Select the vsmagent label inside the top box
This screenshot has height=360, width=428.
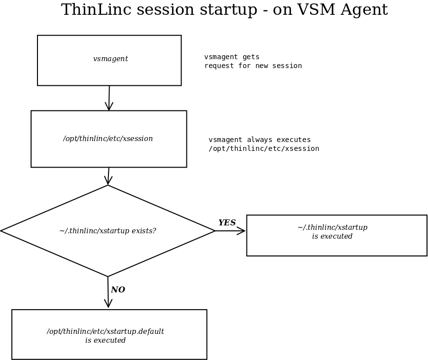click(x=110, y=59)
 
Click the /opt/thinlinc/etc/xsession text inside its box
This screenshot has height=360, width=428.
click(x=108, y=139)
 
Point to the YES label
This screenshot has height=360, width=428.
click(x=227, y=223)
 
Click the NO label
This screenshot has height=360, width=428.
click(x=118, y=290)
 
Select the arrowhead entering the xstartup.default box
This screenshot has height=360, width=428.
click(x=108, y=304)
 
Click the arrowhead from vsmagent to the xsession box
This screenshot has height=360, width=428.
click(x=109, y=107)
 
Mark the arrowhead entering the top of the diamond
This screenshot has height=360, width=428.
click(x=108, y=181)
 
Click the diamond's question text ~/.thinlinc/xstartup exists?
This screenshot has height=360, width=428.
click(x=107, y=231)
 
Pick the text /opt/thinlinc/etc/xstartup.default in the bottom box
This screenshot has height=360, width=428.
click(x=106, y=331)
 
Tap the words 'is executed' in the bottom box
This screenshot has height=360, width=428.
click(x=106, y=340)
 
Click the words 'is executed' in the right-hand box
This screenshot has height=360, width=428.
click(x=332, y=237)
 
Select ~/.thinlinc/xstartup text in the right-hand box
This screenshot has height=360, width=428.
click(x=332, y=228)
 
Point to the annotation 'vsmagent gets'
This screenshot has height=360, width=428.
click(x=232, y=57)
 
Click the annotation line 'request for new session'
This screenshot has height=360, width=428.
click(x=253, y=66)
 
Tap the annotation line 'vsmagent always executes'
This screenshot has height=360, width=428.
click(x=260, y=140)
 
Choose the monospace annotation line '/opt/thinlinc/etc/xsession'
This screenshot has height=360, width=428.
click(x=264, y=149)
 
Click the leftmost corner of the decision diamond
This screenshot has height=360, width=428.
click(x=2, y=230)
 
